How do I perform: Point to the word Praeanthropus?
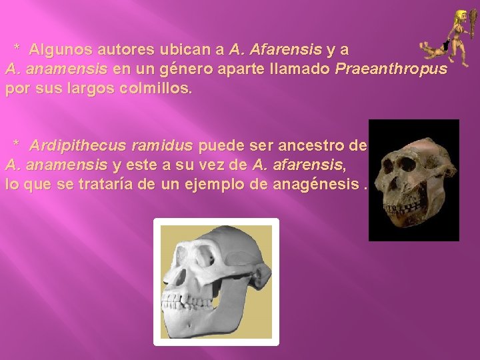pyautogui.click(x=392, y=69)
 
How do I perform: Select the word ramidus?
pyautogui.click(x=162, y=145)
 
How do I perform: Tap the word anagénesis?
pyautogui.click(x=325, y=184)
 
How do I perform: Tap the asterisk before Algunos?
pyautogui.click(x=18, y=49)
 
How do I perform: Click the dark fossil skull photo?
pyautogui.click(x=413, y=179)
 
